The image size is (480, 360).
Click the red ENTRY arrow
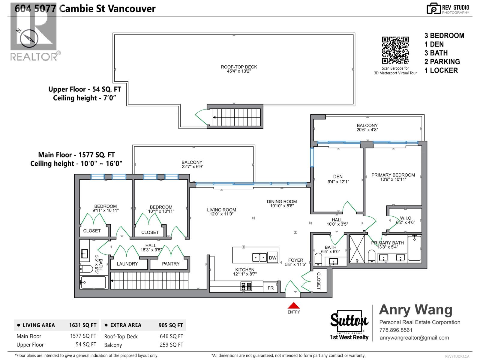[294, 305]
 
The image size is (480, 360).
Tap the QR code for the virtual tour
[395, 50]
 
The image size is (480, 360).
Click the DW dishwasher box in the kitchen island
[272, 258]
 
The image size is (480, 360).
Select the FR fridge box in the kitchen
[271, 288]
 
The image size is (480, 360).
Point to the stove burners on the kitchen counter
[246, 287]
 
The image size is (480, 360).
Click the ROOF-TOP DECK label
[239, 67]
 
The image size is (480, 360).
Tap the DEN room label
[338, 177]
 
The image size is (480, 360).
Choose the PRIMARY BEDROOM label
[393, 175]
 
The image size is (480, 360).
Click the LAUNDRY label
[127, 264]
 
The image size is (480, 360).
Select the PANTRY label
[170, 264]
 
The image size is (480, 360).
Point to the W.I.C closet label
[405, 218]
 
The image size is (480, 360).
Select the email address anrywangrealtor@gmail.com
[414, 338]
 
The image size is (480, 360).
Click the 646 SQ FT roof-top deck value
[171, 336]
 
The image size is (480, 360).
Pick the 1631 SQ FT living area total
[83, 325]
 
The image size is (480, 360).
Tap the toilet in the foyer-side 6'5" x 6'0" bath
[318, 259]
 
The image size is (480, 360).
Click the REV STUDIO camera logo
[433, 9]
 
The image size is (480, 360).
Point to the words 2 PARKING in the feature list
[442, 62]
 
